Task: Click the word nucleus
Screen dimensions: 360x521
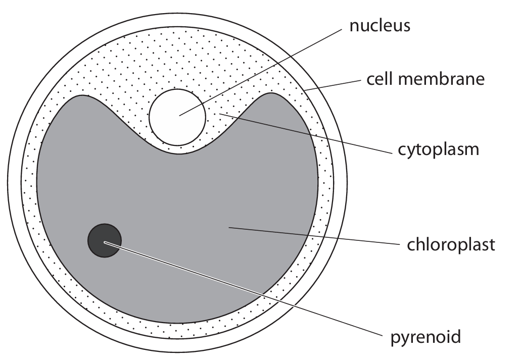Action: tap(380, 26)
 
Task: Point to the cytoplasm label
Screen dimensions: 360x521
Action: tap(436, 150)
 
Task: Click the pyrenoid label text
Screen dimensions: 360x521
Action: tap(425, 336)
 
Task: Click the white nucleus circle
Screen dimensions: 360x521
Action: tap(177, 117)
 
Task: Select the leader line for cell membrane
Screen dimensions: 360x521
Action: tap(334, 85)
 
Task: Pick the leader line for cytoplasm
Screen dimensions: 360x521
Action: tap(303, 132)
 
